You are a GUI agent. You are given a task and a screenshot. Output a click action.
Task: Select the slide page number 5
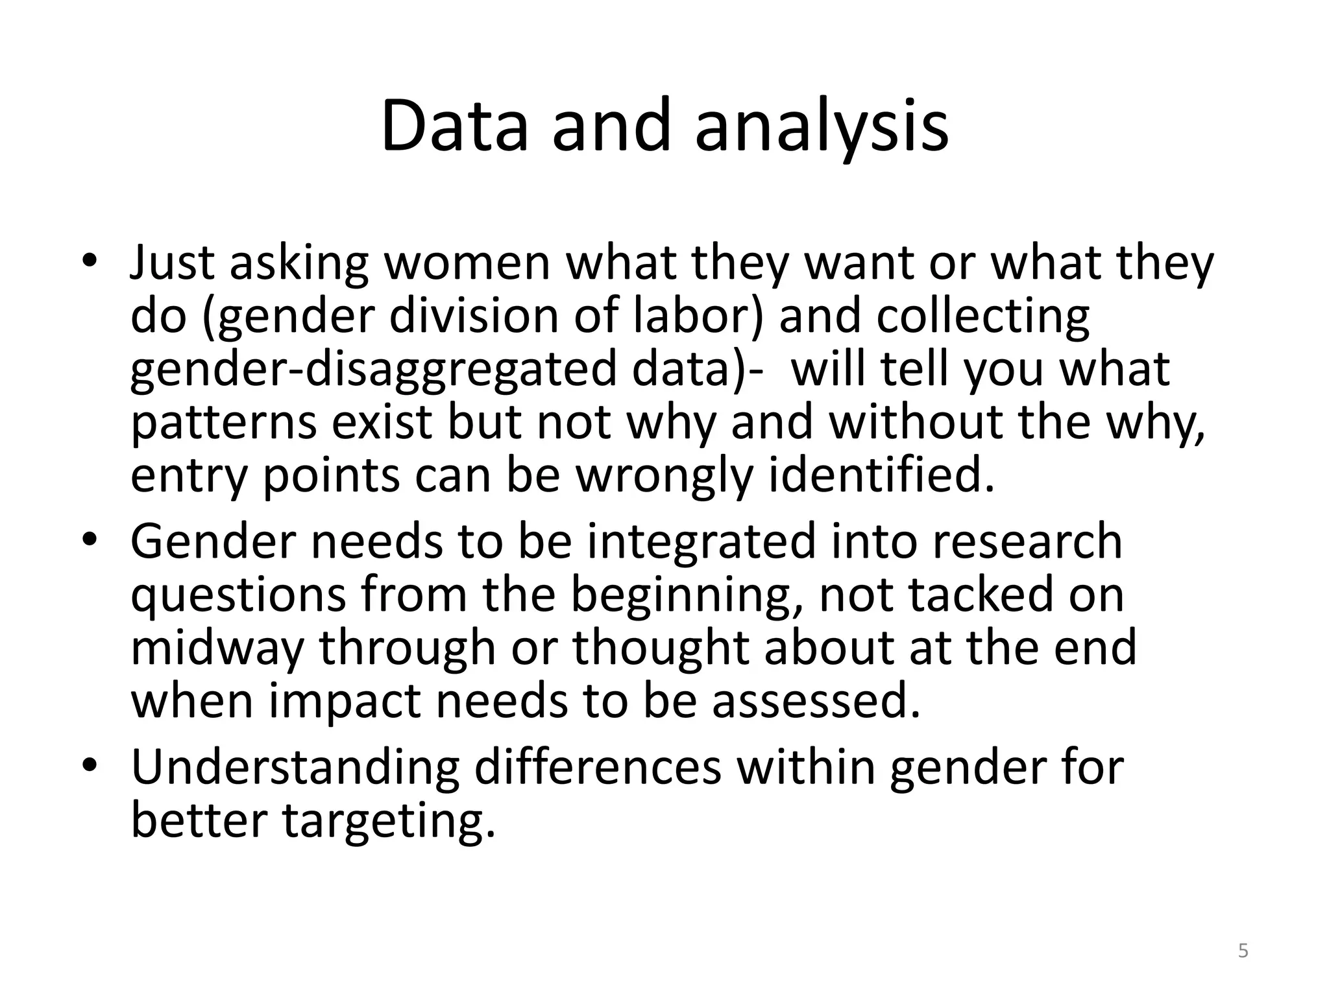(x=1243, y=951)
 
